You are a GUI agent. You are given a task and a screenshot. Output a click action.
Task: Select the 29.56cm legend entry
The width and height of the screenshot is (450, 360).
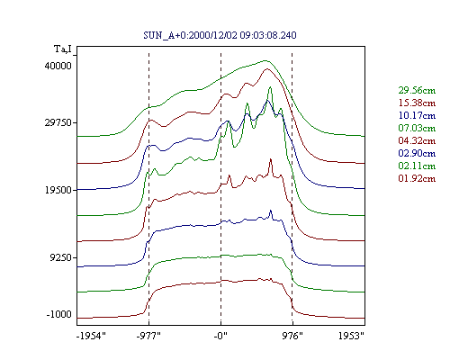pos(417,90)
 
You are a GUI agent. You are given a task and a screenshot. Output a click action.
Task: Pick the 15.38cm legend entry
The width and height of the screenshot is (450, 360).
pos(417,103)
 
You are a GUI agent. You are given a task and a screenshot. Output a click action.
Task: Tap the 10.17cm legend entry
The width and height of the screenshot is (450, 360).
pos(417,115)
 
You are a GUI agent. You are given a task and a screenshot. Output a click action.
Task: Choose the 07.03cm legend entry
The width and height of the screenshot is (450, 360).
pos(417,128)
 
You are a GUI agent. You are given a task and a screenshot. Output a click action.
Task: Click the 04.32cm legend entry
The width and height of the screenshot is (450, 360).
pos(417,140)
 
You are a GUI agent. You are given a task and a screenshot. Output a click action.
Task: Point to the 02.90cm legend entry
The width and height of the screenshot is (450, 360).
pos(417,153)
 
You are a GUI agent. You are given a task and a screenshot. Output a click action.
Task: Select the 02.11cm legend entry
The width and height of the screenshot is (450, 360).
pos(417,166)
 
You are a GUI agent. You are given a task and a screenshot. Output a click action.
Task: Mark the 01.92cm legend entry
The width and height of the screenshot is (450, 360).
pos(417,178)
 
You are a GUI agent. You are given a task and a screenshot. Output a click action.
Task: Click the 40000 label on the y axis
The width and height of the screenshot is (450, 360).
pos(58,66)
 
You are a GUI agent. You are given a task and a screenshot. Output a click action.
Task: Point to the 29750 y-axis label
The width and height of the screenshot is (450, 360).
pos(58,122)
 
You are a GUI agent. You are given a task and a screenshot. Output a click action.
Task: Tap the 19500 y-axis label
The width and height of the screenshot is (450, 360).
pos(58,190)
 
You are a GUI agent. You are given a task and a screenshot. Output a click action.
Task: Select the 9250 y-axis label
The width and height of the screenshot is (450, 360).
pos(61,257)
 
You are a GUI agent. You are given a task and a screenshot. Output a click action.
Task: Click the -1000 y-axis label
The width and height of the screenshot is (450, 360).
pos(58,314)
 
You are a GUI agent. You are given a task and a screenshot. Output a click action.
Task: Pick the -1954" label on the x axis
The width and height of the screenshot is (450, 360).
pos(91,336)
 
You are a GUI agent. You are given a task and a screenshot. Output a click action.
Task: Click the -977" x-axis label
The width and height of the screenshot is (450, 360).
pos(148,336)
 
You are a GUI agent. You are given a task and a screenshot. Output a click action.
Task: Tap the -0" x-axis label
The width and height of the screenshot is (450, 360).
pos(220,336)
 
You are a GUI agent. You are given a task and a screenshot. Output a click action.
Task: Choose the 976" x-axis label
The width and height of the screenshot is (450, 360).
pos(292,336)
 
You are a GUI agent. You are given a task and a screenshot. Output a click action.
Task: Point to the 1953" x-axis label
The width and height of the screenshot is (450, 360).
pos(351,336)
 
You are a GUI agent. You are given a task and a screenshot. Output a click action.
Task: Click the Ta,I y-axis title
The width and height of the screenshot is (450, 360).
pos(63,49)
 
